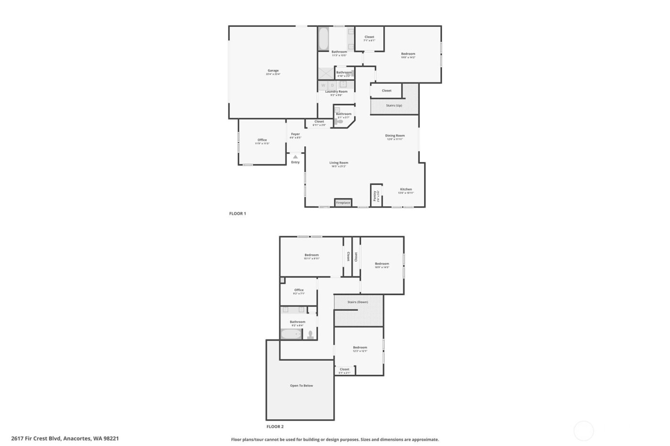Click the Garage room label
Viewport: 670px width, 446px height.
point(273,71)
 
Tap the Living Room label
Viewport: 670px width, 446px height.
point(338,163)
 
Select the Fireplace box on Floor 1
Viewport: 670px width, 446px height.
point(343,203)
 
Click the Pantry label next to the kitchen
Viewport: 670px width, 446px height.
point(375,196)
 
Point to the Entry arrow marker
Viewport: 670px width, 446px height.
point(295,157)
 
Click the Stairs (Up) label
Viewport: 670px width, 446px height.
point(394,105)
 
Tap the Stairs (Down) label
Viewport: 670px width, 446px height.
point(357,302)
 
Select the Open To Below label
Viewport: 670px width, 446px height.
point(301,386)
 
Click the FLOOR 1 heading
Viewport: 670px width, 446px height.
point(237,214)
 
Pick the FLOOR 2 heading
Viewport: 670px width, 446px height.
point(275,426)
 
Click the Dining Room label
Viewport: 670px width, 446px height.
point(395,136)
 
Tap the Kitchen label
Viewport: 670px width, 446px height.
point(405,189)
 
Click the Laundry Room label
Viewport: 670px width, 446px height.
point(336,92)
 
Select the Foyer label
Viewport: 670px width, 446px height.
point(295,134)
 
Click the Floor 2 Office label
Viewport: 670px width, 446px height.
point(299,290)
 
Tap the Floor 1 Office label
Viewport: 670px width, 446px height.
point(262,140)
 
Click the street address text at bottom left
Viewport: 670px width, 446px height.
point(65,438)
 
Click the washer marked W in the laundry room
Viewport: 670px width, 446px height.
point(323,85)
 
